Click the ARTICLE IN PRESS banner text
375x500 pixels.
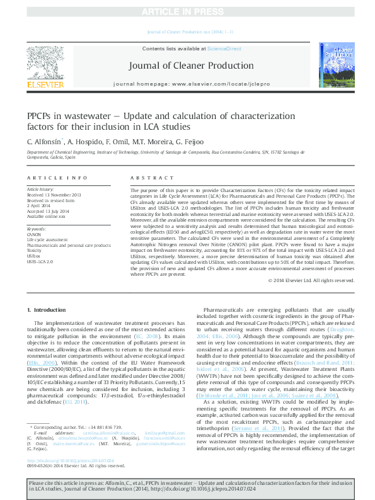point(187,12)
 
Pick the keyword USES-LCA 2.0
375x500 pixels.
point(40,261)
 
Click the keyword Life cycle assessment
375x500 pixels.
point(48,240)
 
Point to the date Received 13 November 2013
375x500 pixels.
point(54,195)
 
